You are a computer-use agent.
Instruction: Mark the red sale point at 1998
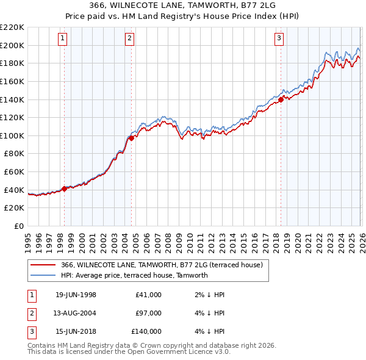tap(65, 189)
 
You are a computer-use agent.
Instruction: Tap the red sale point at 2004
tap(131, 138)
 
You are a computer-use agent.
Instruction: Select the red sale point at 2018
tap(281, 99)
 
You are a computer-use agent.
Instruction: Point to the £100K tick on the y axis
tap(12, 135)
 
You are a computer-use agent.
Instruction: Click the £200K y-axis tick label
tap(12, 45)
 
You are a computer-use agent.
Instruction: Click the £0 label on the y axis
tap(19, 226)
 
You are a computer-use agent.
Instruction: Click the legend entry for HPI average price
tap(134, 275)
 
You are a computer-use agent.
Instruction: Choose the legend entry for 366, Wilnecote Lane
tap(162, 265)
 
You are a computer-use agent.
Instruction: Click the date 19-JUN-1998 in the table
tap(76, 295)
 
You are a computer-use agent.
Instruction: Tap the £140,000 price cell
tap(146, 331)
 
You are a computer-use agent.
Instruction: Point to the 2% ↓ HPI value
tap(210, 295)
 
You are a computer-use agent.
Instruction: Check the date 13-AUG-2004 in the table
tap(76, 313)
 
